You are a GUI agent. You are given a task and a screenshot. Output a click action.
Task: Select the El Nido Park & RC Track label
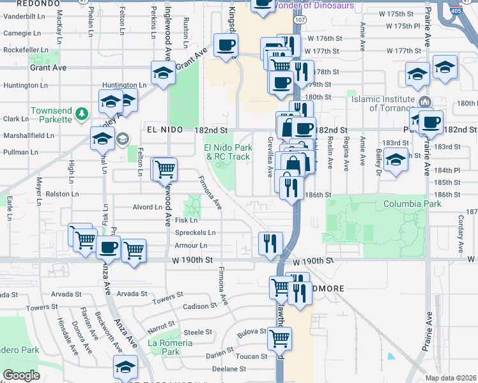pyautogui.click(x=227, y=152)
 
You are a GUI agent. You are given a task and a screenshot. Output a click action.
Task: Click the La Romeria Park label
pyautogui.click(x=170, y=347)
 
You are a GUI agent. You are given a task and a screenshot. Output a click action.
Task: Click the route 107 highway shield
pyautogui.click(x=300, y=20)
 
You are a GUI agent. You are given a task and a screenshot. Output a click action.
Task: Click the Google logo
pyautogui.click(x=21, y=375)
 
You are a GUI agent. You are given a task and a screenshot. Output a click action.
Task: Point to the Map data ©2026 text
pyautogui.click(x=451, y=378)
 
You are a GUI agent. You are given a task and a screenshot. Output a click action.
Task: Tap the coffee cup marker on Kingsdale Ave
pyautogui.click(x=226, y=46)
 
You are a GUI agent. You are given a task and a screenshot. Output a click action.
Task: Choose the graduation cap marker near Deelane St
pyautogui.click(x=125, y=366)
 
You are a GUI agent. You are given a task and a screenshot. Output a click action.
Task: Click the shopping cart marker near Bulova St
pyautogui.click(x=279, y=338)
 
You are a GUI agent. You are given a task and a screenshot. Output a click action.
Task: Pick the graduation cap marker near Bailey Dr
pyautogui.click(x=396, y=161)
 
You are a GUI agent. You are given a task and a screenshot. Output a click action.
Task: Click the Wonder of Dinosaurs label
pyautogui.click(x=313, y=5)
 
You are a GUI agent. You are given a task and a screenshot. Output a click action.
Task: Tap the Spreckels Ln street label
pyautogui.click(x=195, y=233)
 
